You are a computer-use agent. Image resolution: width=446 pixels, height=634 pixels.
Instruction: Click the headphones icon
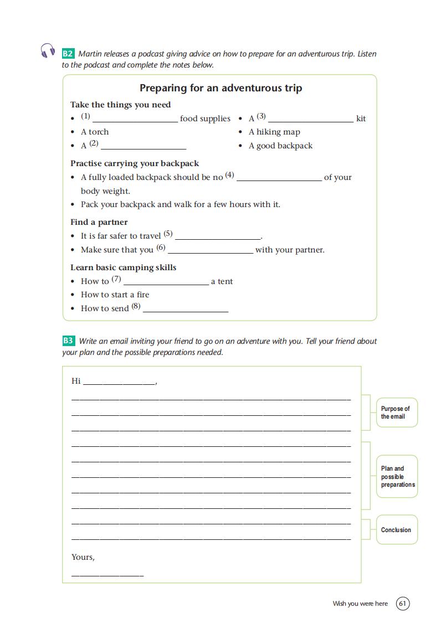pos(48,51)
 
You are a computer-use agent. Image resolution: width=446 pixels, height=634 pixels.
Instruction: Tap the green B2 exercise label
pos(68,54)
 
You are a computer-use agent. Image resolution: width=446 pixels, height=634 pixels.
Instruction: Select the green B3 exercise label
pos(68,341)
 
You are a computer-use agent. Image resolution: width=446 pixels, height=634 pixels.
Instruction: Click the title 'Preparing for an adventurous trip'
pos(221,88)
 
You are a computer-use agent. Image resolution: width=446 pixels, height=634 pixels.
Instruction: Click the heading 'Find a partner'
pos(99,222)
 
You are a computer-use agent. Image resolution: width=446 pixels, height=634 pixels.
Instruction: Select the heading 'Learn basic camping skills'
pos(123,267)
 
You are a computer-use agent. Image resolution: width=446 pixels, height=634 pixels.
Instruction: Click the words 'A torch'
pos(95,132)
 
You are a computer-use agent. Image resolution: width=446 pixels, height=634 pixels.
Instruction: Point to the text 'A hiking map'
pos(274,132)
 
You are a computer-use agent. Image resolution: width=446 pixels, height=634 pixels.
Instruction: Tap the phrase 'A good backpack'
pos(280,146)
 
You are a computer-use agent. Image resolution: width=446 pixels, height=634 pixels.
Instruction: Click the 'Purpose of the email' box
pos(397,413)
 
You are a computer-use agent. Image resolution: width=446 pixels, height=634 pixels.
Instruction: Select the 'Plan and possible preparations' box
pos(397,476)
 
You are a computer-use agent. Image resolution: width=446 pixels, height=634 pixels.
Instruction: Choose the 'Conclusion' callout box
pos(396,530)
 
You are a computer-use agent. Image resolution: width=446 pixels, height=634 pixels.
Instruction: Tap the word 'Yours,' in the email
pos(83,557)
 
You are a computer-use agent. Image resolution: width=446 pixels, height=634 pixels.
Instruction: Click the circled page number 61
pos(403,604)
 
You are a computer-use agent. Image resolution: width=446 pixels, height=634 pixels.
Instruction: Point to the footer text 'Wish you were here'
pos(360,604)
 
